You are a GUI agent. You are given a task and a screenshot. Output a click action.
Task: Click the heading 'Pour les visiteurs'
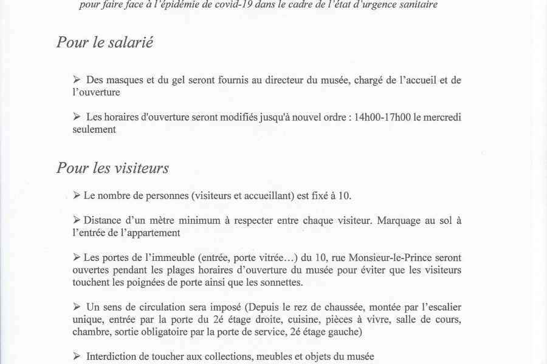click(x=112, y=168)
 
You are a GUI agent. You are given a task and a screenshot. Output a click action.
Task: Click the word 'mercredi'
click(x=453, y=117)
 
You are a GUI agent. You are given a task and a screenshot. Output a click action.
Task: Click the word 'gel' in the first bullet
click(x=181, y=80)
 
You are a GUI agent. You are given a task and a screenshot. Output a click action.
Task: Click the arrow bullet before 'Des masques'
click(x=76, y=80)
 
